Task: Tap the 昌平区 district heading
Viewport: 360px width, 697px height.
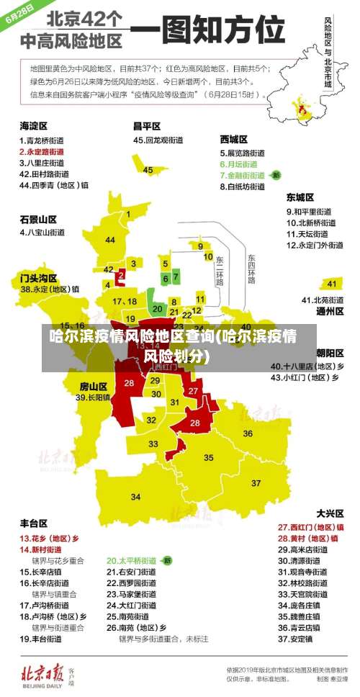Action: click(x=147, y=125)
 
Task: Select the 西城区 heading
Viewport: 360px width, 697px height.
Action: click(x=234, y=139)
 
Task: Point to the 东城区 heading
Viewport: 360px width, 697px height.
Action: click(x=300, y=197)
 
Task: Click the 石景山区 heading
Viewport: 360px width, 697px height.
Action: click(x=38, y=218)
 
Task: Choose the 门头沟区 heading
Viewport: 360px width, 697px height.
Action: click(x=38, y=277)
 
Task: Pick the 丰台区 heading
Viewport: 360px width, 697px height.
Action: click(x=34, y=523)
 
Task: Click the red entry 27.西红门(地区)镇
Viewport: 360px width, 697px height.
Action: click(x=310, y=527)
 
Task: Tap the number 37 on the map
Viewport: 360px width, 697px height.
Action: click(x=256, y=482)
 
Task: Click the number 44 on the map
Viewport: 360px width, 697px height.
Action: click(x=109, y=240)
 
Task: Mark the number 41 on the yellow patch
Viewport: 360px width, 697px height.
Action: click(x=332, y=284)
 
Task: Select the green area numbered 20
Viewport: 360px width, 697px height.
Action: click(x=158, y=307)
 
